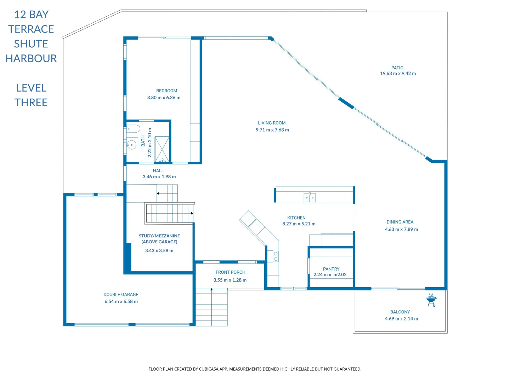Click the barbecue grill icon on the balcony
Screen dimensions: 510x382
coord(431,300)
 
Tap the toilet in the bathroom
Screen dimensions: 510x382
coord(134,128)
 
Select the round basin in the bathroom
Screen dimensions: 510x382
coord(131,145)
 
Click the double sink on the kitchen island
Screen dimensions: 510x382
coord(310,198)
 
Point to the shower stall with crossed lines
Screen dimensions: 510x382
coord(162,149)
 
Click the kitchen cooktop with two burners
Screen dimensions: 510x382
coord(276,256)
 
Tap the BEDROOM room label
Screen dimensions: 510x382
coord(166,91)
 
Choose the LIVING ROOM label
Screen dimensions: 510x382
coord(272,123)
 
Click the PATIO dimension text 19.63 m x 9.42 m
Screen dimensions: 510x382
coord(398,74)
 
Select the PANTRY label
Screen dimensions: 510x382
coord(331,269)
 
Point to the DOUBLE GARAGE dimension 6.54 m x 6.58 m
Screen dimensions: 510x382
coord(121,301)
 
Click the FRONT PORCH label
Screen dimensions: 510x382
coord(230,272)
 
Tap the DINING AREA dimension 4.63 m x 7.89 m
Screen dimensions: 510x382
coord(401,230)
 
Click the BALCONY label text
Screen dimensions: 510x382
coord(400,312)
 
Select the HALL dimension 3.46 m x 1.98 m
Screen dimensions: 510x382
coord(159,177)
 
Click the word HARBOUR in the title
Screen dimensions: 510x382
coord(31,58)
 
